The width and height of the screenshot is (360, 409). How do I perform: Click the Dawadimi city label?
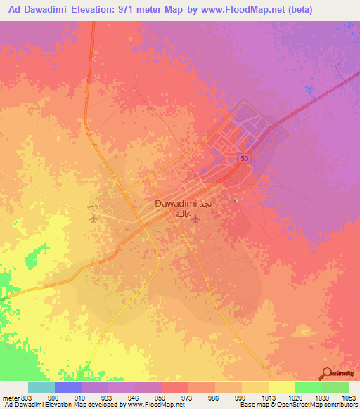pyautogui.click(x=176, y=204)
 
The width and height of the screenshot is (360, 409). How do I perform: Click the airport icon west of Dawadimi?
pyautogui.click(x=94, y=218)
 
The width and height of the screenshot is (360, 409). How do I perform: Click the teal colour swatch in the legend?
pyautogui.click(x=41, y=387)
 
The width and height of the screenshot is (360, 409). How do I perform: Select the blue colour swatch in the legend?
pyautogui.click(x=68, y=387)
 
